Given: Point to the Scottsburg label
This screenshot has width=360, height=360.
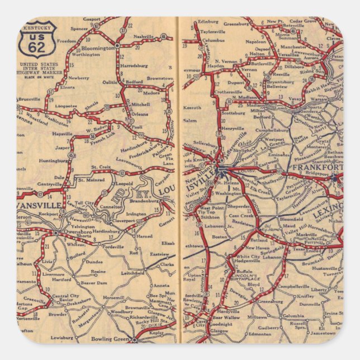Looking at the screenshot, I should pyautogui.click(x=233, y=113).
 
